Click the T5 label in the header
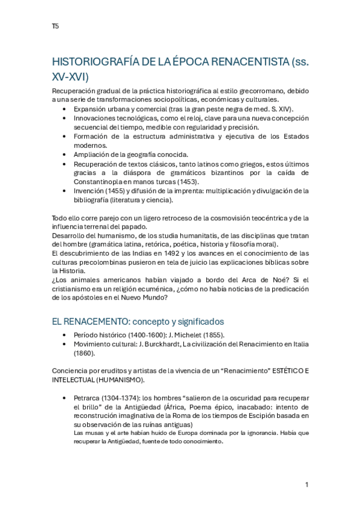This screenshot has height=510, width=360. point(55,26)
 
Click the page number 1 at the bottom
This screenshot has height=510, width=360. point(307,485)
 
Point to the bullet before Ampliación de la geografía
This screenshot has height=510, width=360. point(65,155)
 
